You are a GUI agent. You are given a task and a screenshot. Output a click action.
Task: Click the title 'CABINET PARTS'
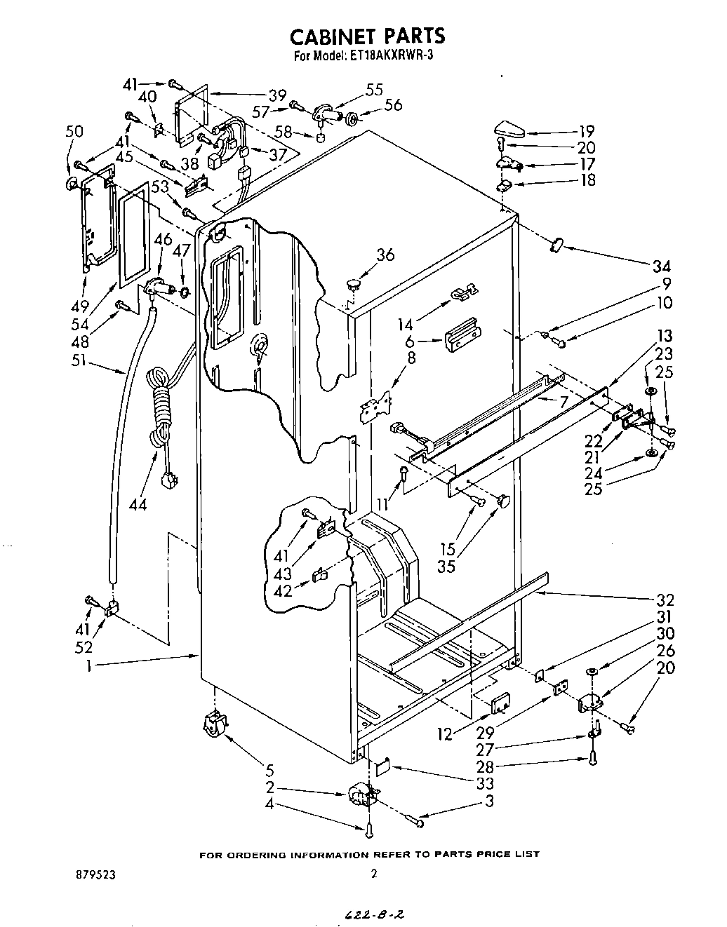coord(368,35)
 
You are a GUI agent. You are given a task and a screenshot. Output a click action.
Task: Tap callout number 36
coord(385,255)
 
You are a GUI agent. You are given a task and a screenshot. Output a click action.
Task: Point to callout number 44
coord(138,503)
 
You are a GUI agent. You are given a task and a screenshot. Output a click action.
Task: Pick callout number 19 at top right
coord(587,131)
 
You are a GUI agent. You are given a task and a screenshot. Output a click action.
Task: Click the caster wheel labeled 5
coord(214,724)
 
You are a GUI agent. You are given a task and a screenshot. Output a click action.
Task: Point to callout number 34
coord(661,266)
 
